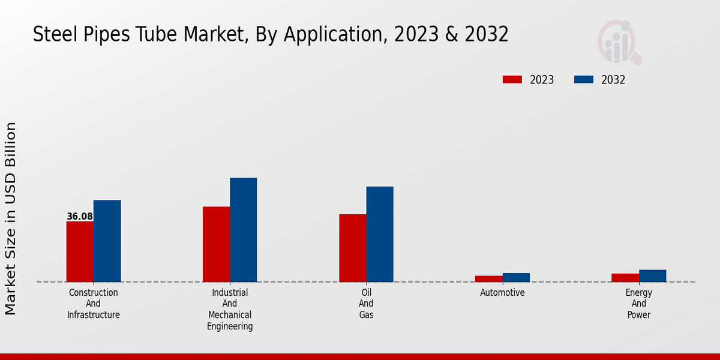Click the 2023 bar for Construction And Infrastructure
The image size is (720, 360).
click(x=80, y=251)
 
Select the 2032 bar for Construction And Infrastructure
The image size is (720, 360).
click(x=107, y=241)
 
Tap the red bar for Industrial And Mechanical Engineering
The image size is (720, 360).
click(x=216, y=244)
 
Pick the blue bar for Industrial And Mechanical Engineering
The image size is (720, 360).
click(x=243, y=230)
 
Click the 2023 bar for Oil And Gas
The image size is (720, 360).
click(x=352, y=248)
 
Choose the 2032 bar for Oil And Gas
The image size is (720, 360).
click(x=380, y=234)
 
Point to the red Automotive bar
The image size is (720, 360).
click(x=488, y=279)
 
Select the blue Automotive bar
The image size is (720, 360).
click(x=516, y=277)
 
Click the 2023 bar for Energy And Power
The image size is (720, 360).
click(x=625, y=278)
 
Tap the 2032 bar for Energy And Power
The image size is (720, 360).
click(x=652, y=276)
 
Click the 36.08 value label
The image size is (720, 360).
click(x=80, y=217)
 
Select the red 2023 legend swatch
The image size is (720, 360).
click(x=512, y=80)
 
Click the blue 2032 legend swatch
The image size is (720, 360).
click(x=584, y=80)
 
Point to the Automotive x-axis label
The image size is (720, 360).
click(x=502, y=293)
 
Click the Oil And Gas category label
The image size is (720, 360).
click(x=366, y=304)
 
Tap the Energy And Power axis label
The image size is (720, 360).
click(x=638, y=304)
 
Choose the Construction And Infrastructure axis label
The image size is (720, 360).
click(x=94, y=304)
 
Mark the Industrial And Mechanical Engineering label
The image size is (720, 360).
click(x=230, y=309)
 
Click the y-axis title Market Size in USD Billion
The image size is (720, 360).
click(x=11, y=218)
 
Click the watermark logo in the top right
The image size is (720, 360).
click(x=619, y=42)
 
